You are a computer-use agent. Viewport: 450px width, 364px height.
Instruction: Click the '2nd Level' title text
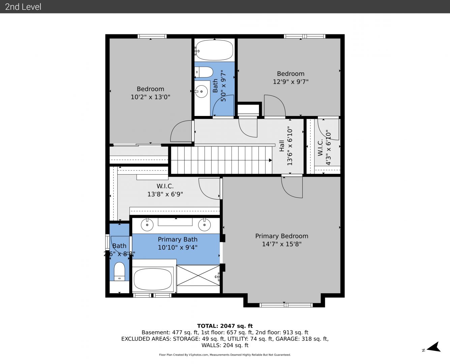click(23, 7)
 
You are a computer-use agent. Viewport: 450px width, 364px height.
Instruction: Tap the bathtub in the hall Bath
click(214, 50)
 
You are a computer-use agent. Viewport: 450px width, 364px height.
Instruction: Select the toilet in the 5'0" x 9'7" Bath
click(204, 72)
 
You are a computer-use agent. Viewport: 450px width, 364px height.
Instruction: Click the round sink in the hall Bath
click(201, 91)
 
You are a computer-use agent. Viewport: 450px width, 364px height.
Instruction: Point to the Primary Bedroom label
click(281, 236)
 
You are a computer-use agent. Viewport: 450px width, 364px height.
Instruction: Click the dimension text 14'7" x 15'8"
click(281, 244)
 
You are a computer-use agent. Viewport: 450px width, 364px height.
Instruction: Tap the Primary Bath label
click(177, 239)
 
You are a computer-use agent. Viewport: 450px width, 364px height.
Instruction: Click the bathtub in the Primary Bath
click(153, 279)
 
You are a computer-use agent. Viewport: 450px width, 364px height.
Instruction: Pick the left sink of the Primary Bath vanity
click(147, 225)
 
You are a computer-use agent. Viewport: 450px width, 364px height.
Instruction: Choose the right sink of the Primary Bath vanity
click(204, 225)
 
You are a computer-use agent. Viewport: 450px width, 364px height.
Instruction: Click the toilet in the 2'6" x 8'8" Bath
click(119, 271)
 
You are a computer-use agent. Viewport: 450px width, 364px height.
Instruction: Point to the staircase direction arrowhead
click(270, 160)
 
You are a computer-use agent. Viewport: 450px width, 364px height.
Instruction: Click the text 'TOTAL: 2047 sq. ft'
click(225, 326)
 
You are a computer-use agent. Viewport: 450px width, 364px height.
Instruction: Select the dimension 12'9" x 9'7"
click(291, 82)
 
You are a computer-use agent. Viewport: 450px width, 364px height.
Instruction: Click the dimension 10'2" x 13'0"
click(150, 97)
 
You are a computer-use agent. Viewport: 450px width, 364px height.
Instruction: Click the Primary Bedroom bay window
click(286, 305)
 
